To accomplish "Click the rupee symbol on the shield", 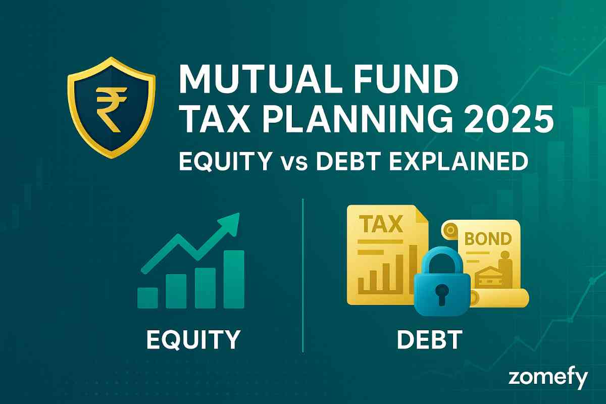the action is point(112,110).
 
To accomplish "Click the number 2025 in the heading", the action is point(509,119).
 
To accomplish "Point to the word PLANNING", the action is point(357,119).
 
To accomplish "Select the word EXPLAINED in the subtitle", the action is point(459,161).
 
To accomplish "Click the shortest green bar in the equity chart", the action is point(147,297).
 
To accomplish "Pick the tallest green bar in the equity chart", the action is point(234,279).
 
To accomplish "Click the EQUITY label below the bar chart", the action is point(193,340).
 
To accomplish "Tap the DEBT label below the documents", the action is point(430,339).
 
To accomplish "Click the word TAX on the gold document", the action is point(383,224).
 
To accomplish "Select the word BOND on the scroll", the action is point(488,239).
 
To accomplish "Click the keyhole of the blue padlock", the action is point(442,294).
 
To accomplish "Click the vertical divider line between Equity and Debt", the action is point(302,275).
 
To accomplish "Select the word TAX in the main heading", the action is point(217,119).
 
